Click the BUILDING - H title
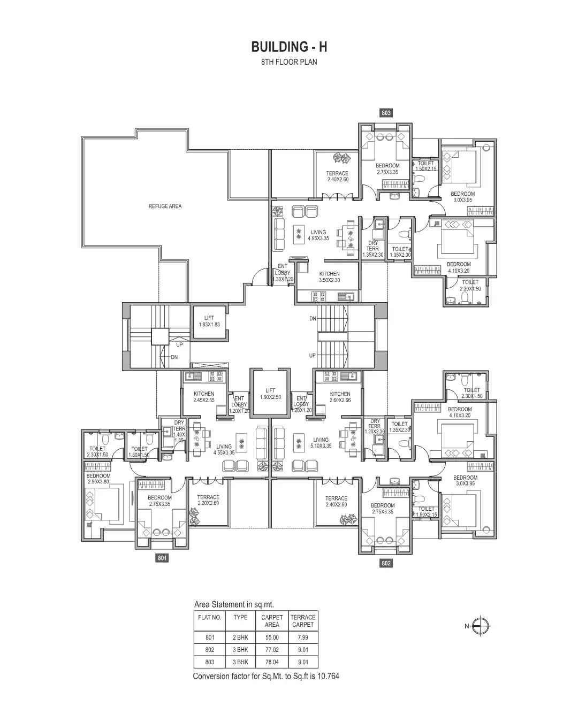pyautogui.click(x=289, y=47)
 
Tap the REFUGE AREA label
pyautogui.click(x=165, y=206)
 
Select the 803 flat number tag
pyautogui.click(x=386, y=113)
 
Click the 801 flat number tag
pyautogui.click(x=162, y=558)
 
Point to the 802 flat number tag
pyautogui.click(x=386, y=563)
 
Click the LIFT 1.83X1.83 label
pyautogui.click(x=209, y=321)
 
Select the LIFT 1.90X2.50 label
pyautogui.click(x=270, y=394)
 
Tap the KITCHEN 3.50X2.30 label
pyautogui.click(x=329, y=277)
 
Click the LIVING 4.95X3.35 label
pyautogui.click(x=318, y=235)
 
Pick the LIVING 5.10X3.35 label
pyautogui.click(x=321, y=443)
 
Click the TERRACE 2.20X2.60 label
pyautogui.click(x=208, y=500)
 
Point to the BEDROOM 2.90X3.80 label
pyautogui.click(x=98, y=479)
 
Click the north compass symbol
pyautogui.click(x=482, y=626)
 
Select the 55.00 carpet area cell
pyautogui.click(x=272, y=637)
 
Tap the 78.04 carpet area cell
pyautogui.click(x=272, y=662)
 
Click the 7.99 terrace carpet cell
pyautogui.click(x=303, y=637)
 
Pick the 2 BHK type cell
pyautogui.click(x=240, y=637)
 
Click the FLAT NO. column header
pyautogui.click(x=210, y=617)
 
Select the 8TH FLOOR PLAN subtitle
pyautogui.click(x=289, y=62)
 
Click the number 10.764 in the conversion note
pyautogui.click(x=328, y=676)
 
